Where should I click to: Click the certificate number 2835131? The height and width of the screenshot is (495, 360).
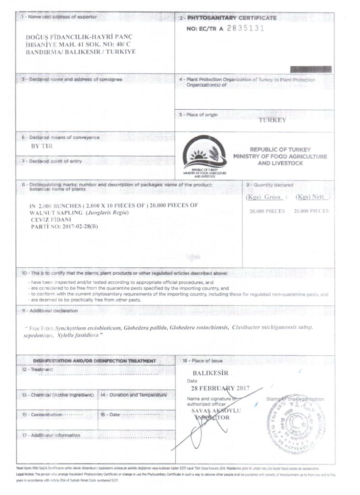(245, 28)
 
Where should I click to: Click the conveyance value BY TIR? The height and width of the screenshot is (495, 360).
(42, 146)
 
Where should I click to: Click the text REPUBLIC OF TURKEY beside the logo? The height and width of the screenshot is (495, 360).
(280, 150)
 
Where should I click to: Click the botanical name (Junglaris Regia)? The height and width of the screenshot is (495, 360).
(107, 213)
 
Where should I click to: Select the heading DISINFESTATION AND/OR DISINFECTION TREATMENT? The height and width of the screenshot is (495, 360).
(94, 361)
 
